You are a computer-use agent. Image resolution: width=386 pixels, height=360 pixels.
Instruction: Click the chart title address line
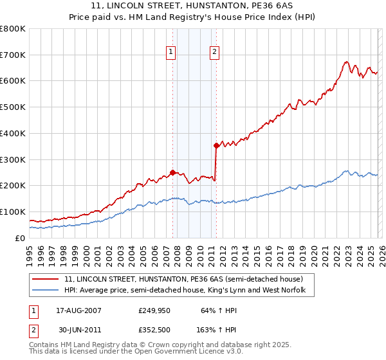(x=192, y=6)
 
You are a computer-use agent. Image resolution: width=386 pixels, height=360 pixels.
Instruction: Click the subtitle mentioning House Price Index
(x=192, y=17)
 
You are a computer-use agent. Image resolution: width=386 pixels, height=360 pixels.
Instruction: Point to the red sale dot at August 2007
(x=172, y=172)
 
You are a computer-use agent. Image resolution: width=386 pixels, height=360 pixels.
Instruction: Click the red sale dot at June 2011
(x=216, y=145)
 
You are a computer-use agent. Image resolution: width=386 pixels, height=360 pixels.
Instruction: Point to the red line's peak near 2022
(x=346, y=62)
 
